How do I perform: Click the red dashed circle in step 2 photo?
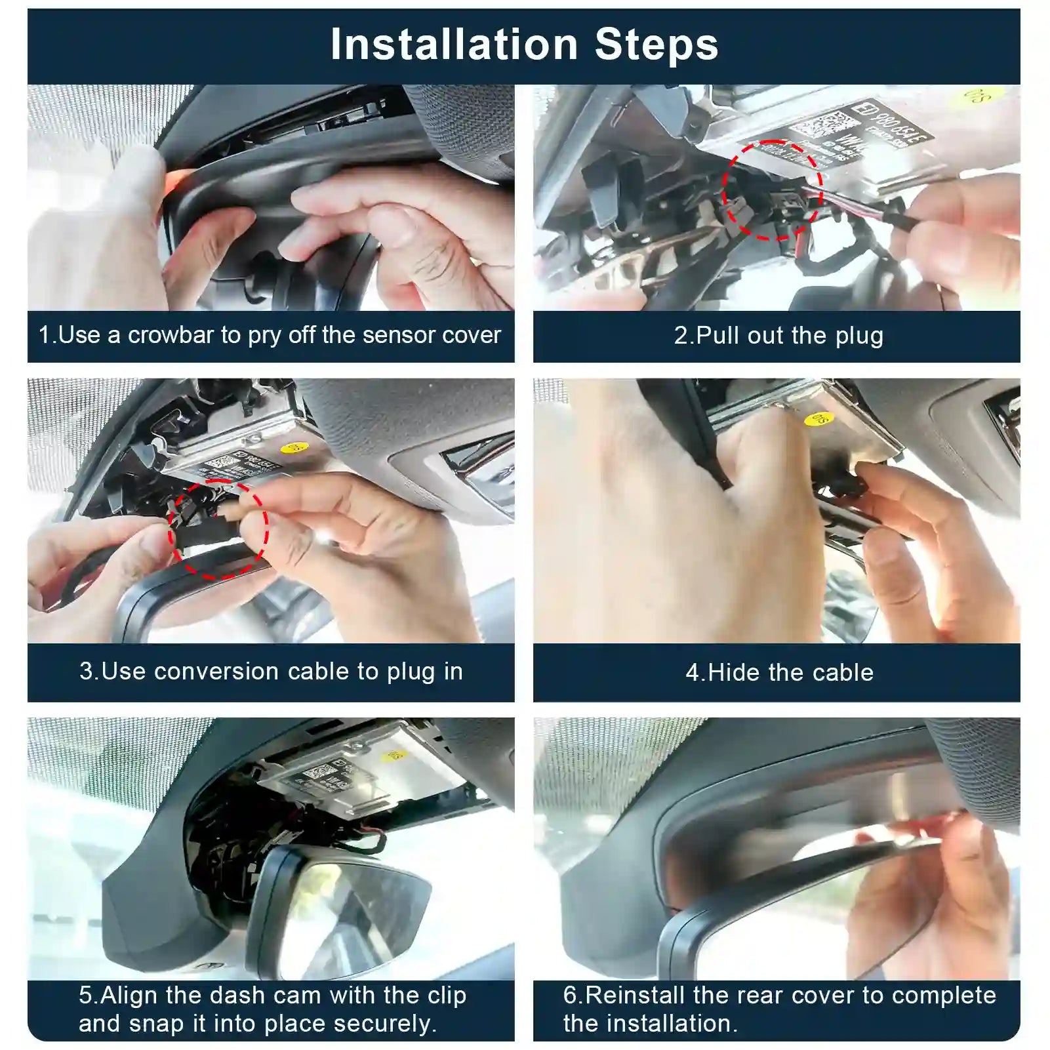(x=773, y=190)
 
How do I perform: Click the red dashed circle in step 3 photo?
(x=218, y=529)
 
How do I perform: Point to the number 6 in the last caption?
(x=569, y=995)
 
